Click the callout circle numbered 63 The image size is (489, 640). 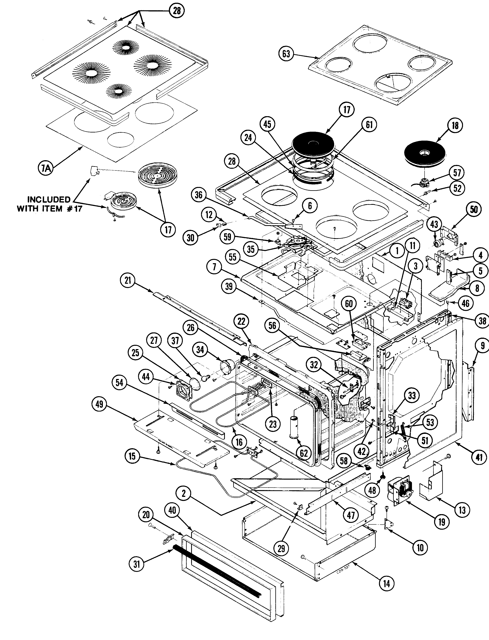point(286,54)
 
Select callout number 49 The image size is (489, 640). point(99,404)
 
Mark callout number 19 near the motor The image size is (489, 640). point(442,522)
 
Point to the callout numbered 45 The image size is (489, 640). point(267,124)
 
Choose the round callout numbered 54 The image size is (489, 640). point(119,383)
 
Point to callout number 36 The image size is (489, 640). point(199,195)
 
